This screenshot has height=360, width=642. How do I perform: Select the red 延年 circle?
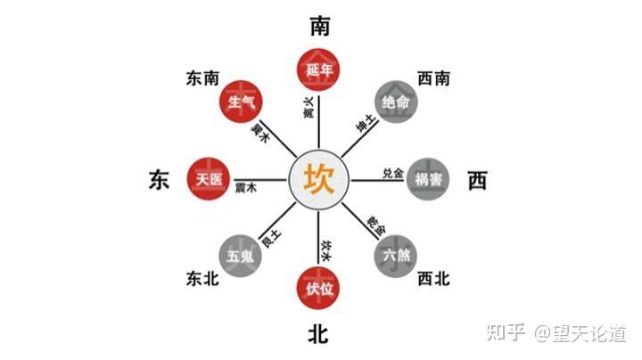tap(319, 69)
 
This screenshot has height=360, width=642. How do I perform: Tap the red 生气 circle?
tap(242, 102)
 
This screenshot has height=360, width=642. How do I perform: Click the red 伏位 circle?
tap(319, 288)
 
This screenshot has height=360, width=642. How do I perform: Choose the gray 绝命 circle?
tap(396, 102)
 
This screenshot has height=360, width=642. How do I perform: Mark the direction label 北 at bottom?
tap(319, 334)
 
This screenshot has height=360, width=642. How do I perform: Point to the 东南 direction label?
tap(202, 79)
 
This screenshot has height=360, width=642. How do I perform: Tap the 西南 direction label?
tap(434, 79)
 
